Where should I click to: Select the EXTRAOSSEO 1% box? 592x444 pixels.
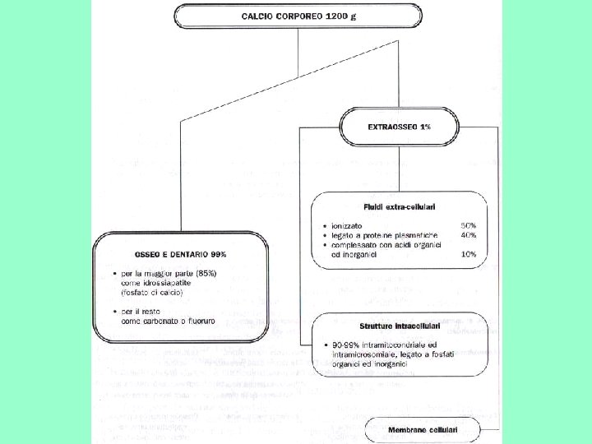tap(400, 127)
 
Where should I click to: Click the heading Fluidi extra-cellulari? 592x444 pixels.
tap(400, 206)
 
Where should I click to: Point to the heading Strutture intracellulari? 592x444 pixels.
tap(400, 326)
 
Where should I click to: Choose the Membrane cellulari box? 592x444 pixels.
tap(423, 430)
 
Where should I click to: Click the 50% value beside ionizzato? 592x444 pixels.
tap(469, 225)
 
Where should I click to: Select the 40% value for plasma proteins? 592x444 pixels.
tap(469, 235)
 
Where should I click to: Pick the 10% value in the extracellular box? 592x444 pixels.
tap(469, 255)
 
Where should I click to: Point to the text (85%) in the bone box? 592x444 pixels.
tap(201, 273)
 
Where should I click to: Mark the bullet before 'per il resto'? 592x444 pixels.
tap(115, 311)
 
